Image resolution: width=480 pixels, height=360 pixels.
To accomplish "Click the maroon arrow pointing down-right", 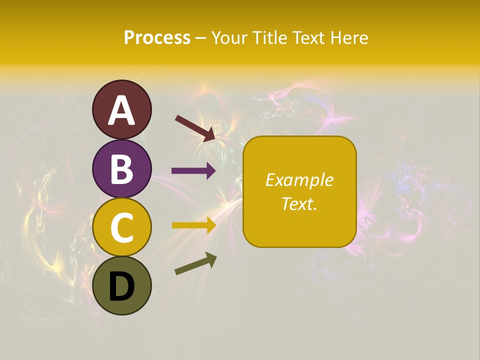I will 195,128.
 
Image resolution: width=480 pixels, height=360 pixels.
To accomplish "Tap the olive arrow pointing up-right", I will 195,263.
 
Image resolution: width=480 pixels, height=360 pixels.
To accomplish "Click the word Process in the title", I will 157,38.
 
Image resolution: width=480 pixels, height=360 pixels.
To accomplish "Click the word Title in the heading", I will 270,38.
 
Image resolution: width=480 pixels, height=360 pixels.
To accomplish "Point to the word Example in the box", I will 299,180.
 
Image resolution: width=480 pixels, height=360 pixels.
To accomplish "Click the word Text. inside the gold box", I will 299,203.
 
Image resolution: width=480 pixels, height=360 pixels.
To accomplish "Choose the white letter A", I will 122,111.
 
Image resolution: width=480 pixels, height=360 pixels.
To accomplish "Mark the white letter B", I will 122,169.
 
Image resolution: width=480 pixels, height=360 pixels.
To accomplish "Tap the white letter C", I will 122,228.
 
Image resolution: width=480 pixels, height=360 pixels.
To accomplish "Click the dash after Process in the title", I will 201,38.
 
